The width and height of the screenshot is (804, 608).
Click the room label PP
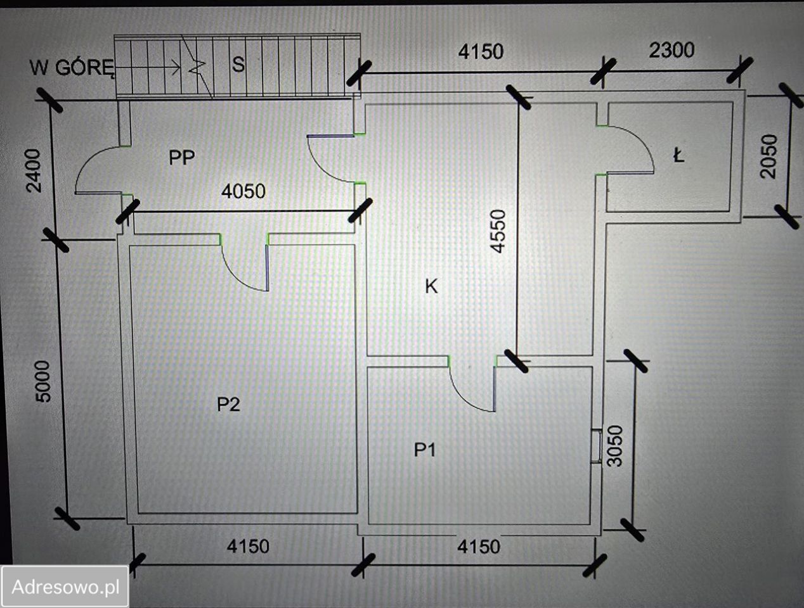tap(182, 158)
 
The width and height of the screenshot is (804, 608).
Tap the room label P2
tap(228, 405)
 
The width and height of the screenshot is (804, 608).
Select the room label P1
tap(425, 450)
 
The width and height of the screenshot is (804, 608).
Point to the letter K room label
tap(431, 286)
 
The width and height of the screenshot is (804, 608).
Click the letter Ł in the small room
tap(678, 156)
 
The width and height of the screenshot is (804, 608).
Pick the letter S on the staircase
tap(238, 65)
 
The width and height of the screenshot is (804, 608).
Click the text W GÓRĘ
tap(72, 68)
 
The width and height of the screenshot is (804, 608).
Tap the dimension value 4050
tap(243, 191)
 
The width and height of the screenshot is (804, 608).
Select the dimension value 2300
tap(671, 51)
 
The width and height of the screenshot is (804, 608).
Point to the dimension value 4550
tap(498, 232)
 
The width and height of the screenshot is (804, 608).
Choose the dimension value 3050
tap(615, 446)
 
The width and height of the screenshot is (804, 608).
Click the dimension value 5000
tap(43, 381)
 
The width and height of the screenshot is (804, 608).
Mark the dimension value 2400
tap(34, 170)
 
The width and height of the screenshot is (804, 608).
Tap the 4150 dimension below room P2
tap(248, 547)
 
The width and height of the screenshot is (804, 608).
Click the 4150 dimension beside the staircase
tap(481, 52)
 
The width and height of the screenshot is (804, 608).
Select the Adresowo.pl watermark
tap(65, 586)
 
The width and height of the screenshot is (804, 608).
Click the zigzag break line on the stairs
tap(197, 67)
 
